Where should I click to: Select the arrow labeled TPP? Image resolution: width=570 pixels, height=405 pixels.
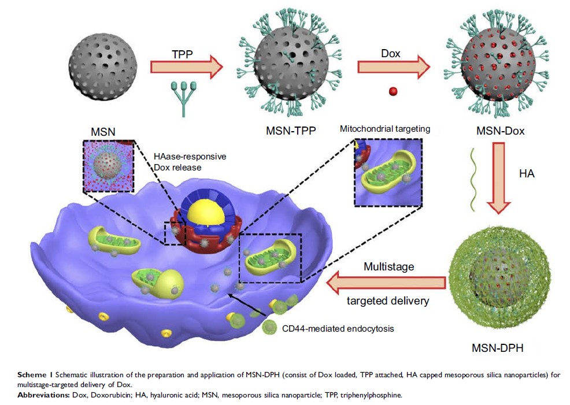[186, 66]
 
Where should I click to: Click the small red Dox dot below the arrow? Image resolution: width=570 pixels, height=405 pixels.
[393, 91]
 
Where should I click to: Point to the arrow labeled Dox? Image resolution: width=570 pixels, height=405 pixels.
[394, 66]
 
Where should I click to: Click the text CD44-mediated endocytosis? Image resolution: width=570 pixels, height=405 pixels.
[338, 329]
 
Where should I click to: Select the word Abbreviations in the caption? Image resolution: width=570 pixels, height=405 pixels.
[43, 395]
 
